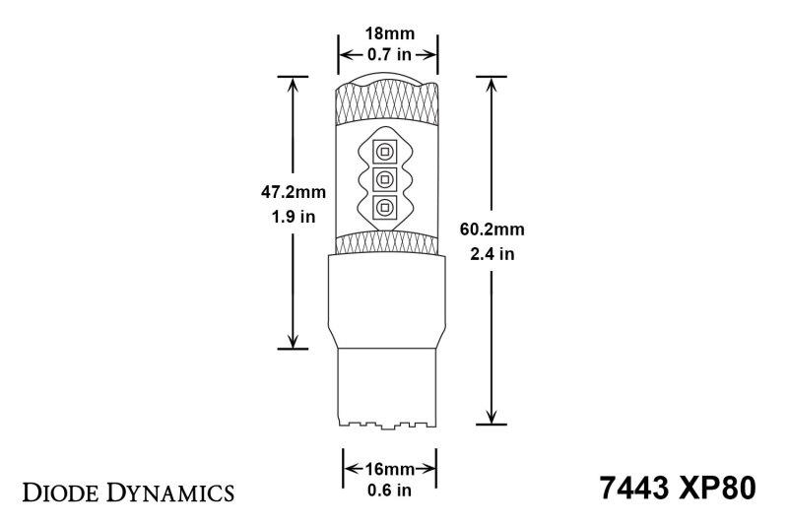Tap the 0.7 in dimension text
tap(388, 54)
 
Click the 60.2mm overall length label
tap(492, 230)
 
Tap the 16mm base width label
tap(388, 468)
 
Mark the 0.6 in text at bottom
tap(388, 490)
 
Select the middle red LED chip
tap(386, 179)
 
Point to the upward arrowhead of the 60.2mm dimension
tap(490, 83)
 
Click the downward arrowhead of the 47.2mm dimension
tap(293, 339)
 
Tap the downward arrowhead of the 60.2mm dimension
tap(490, 417)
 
